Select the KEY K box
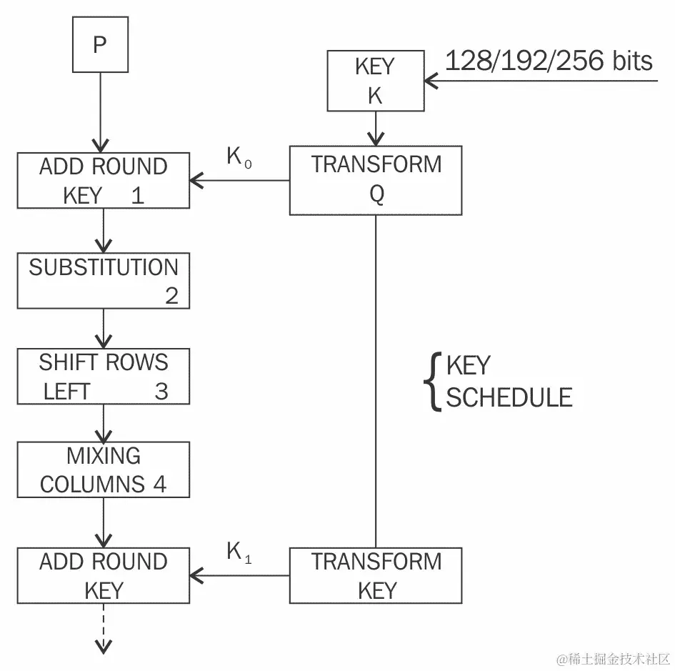point(375,81)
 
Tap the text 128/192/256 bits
point(549,61)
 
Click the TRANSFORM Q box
point(376,180)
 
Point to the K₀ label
point(239,157)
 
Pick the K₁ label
point(239,552)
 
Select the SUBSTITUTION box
point(104,280)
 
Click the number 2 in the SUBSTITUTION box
point(171,295)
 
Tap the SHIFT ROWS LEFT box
point(104,377)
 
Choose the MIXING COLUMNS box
point(104,469)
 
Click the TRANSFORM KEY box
point(376,575)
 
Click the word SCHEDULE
point(509,397)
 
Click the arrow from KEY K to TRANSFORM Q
point(376,129)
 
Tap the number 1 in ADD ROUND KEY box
point(137,196)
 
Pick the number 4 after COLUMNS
point(159,484)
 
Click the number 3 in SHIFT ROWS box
point(161,392)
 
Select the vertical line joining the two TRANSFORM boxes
point(376,379)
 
